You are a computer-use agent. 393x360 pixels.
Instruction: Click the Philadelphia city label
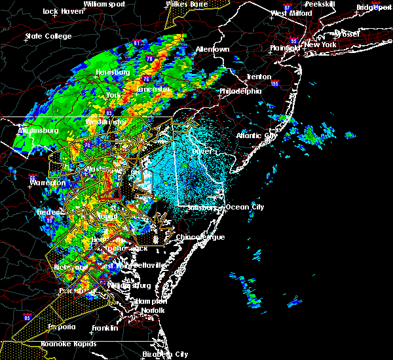[240, 91]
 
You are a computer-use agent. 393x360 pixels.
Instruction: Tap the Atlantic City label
[257, 135]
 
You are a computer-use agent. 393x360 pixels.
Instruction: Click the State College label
[48, 36]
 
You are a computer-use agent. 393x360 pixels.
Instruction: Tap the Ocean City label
[245, 207]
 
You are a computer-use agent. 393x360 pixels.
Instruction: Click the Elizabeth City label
[164, 353]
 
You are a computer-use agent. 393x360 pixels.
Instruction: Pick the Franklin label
[105, 327]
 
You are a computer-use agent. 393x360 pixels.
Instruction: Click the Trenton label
[259, 77]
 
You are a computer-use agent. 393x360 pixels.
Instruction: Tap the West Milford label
[288, 13]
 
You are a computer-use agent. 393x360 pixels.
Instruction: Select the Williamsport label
[104, 4]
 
